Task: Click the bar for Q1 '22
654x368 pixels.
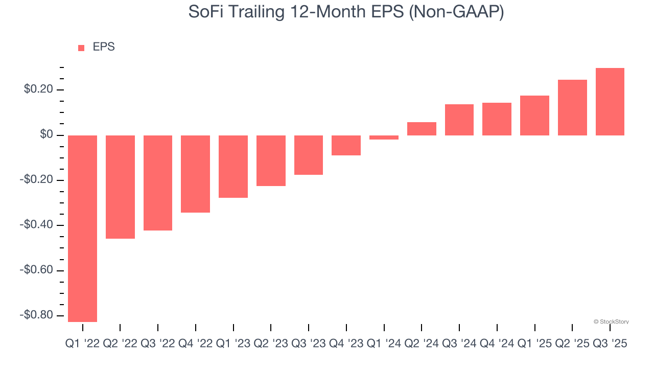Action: pos(82,228)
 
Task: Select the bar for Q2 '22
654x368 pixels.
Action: pos(120,187)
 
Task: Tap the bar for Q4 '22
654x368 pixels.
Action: pos(195,174)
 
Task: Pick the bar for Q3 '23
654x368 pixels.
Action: pos(308,155)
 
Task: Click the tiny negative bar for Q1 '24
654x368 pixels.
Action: pos(384,137)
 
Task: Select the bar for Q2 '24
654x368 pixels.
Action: pos(422,129)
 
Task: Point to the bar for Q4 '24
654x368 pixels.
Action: pos(497,119)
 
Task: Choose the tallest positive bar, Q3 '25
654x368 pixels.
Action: pos(610,102)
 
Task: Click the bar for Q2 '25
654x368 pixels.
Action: pos(572,107)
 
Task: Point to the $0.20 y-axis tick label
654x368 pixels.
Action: pos(38,90)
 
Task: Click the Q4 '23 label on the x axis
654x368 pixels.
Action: pos(346,344)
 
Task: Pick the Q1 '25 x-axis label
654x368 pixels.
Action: pos(534,344)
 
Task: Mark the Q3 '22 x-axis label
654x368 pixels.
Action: pos(157,344)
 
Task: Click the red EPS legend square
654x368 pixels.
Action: pos(81,48)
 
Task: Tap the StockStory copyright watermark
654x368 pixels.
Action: pos(611,321)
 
